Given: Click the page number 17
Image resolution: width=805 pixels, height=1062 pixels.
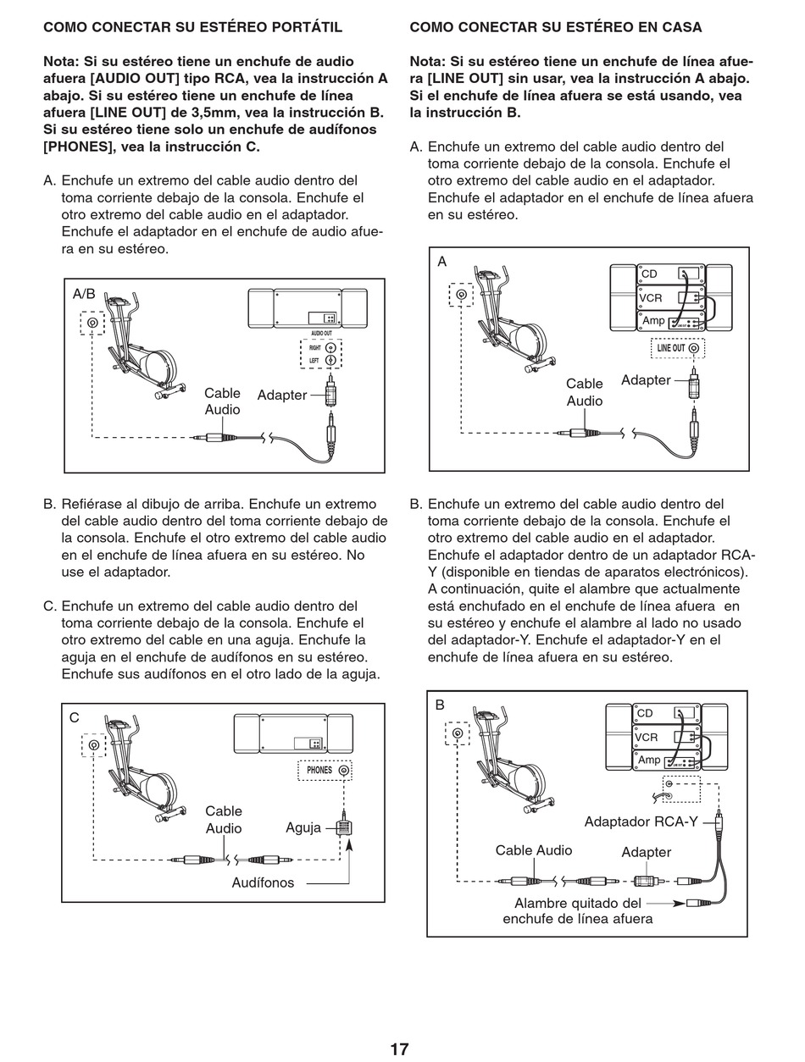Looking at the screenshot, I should pyautogui.click(x=399, y=1049).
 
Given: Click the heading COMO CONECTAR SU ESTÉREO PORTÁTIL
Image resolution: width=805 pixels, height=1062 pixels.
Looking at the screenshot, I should pyautogui.click(x=193, y=27).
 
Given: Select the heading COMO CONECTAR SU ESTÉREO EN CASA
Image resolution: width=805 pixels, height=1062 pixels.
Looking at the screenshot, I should pyautogui.click(x=556, y=27).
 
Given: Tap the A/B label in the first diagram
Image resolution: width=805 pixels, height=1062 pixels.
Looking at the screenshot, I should pyautogui.click(x=84, y=294).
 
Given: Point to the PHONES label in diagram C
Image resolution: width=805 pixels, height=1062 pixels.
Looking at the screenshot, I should pyautogui.click(x=319, y=771).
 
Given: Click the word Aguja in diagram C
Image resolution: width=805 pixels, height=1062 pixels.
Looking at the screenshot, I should pyautogui.click(x=303, y=827).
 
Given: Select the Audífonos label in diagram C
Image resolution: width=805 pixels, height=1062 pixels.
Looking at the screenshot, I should pyautogui.click(x=263, y=882).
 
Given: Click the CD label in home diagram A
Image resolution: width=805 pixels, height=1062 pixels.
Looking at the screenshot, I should pyautogui.click(x=650, y=274).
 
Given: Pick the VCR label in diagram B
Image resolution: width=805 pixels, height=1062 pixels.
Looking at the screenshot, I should pyautogui.click(x=646, y=738).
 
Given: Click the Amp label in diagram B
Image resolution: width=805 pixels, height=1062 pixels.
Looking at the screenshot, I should pyautogui.click(x=649, y=760).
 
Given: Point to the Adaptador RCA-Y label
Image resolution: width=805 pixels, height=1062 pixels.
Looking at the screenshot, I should pyautogui.click(x=641, y=821).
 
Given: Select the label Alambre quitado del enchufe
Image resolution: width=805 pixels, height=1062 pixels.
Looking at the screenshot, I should pyautogui.click(x=578, y=911).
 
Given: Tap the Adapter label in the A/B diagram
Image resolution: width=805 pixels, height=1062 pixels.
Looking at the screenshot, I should pyautogui.click(x=281, y=395).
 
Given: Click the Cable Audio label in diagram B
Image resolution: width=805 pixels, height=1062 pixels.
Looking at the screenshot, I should pyautogui.click(x=534, y=850).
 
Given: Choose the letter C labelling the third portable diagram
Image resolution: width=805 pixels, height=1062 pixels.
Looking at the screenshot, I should pyautogui.click(x=75, y=717).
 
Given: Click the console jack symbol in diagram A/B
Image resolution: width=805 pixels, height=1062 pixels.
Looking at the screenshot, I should pyautogui.click(x=92, y=323).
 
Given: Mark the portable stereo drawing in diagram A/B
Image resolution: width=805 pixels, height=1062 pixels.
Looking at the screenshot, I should pyautogui.click(x=307, y=309).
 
